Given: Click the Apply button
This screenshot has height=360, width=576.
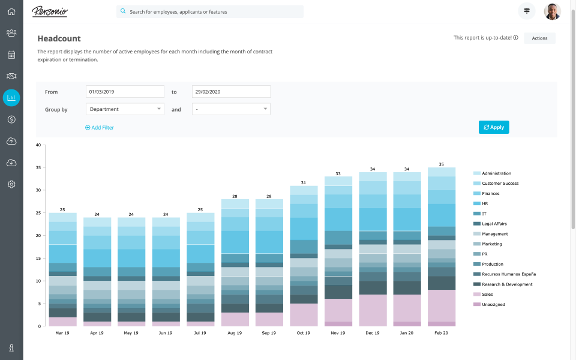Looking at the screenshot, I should pos(494,127).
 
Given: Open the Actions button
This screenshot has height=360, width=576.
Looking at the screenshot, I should pos(539,38).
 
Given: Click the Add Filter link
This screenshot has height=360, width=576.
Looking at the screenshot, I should pos(100,128).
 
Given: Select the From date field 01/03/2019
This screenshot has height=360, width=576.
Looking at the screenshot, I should pos(125,92).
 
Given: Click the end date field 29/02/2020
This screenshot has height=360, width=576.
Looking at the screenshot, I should pos(231,92).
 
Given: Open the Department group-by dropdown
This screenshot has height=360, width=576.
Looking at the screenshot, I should pos(125,109).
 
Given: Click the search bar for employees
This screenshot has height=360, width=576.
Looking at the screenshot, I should pos(210,11).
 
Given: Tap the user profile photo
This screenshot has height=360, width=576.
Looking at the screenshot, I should pos(552,11).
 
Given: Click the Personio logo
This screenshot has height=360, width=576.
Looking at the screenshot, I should pos(50,11).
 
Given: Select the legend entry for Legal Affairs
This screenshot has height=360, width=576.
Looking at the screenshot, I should pos(494,224).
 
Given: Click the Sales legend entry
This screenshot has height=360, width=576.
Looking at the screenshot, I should pos(488,295).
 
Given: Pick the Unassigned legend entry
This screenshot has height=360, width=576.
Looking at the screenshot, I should pos(493,305).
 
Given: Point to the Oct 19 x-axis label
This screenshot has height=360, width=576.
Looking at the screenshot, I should pos(304,332).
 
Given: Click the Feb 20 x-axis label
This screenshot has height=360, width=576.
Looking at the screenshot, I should pos(442,332).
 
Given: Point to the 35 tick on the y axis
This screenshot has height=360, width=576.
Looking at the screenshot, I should pos(38,167).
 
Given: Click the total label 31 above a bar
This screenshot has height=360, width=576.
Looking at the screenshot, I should pos(304,182).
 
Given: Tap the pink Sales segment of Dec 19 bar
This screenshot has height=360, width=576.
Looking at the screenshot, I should pos(373,310).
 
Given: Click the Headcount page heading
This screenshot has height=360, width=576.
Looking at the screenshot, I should pos(59,38).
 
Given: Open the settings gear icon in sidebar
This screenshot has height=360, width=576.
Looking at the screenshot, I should pos(11,184).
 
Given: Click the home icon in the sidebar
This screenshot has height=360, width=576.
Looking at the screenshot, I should pos(11,11).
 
